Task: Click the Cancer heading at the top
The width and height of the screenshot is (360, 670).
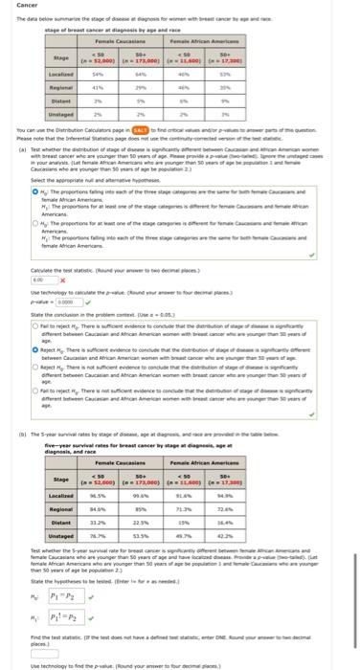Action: (13, 6)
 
